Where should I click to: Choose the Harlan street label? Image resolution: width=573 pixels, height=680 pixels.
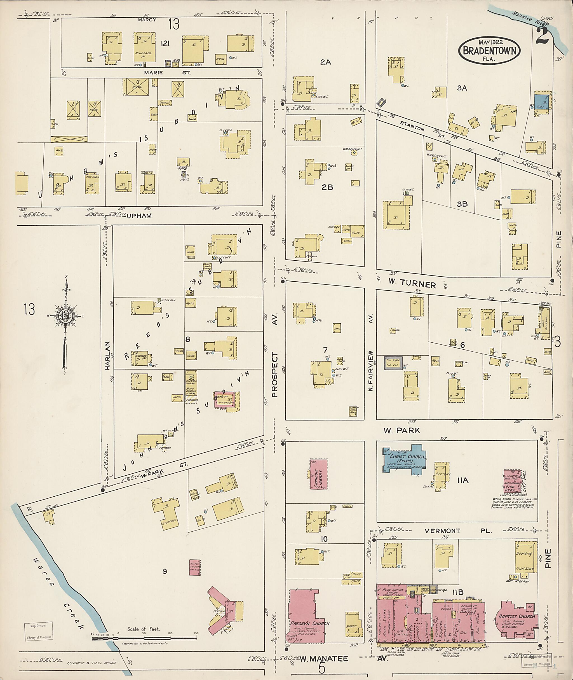pos(108,355)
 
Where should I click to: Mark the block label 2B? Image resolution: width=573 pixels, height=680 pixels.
pos(327,187)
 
